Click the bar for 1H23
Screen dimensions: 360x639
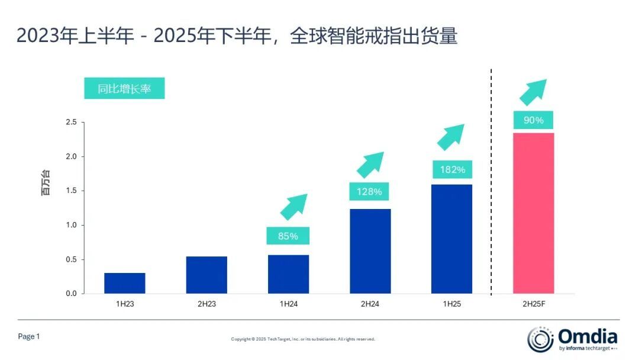125,283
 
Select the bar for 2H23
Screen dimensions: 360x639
206,275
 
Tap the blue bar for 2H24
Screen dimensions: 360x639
370,251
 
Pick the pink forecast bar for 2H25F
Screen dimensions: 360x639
533,213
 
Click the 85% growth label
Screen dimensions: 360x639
288,236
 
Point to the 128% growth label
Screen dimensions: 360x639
369,192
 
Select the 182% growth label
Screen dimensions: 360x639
452,170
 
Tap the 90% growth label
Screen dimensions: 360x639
533,120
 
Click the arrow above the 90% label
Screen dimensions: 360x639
532,92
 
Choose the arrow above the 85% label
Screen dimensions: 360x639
293,207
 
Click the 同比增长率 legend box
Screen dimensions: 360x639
124,89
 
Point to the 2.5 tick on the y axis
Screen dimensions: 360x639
71,123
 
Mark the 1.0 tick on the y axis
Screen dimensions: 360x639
71,225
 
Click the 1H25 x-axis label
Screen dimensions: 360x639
451,304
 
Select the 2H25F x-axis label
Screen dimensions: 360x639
533,304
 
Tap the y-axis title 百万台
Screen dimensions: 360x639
46,183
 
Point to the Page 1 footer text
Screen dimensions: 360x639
29,336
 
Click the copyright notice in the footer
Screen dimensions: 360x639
303,339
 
